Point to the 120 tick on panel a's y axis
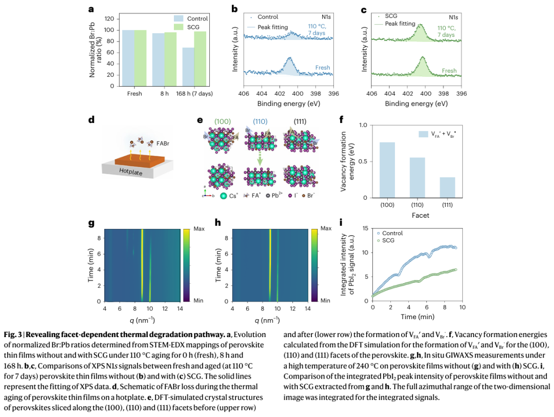108,18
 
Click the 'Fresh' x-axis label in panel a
134,94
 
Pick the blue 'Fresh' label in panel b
323,68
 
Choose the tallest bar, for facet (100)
387,170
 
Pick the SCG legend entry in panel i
389,240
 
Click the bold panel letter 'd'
91,120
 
